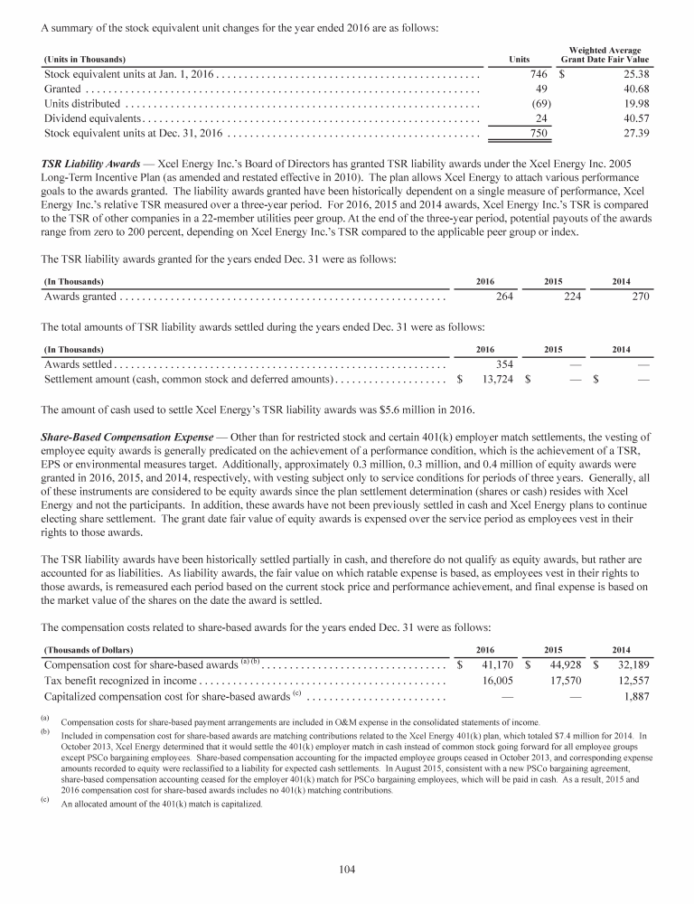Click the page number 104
[346, 870]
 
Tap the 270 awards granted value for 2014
[639, 296]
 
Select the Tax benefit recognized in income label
[119, 681]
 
